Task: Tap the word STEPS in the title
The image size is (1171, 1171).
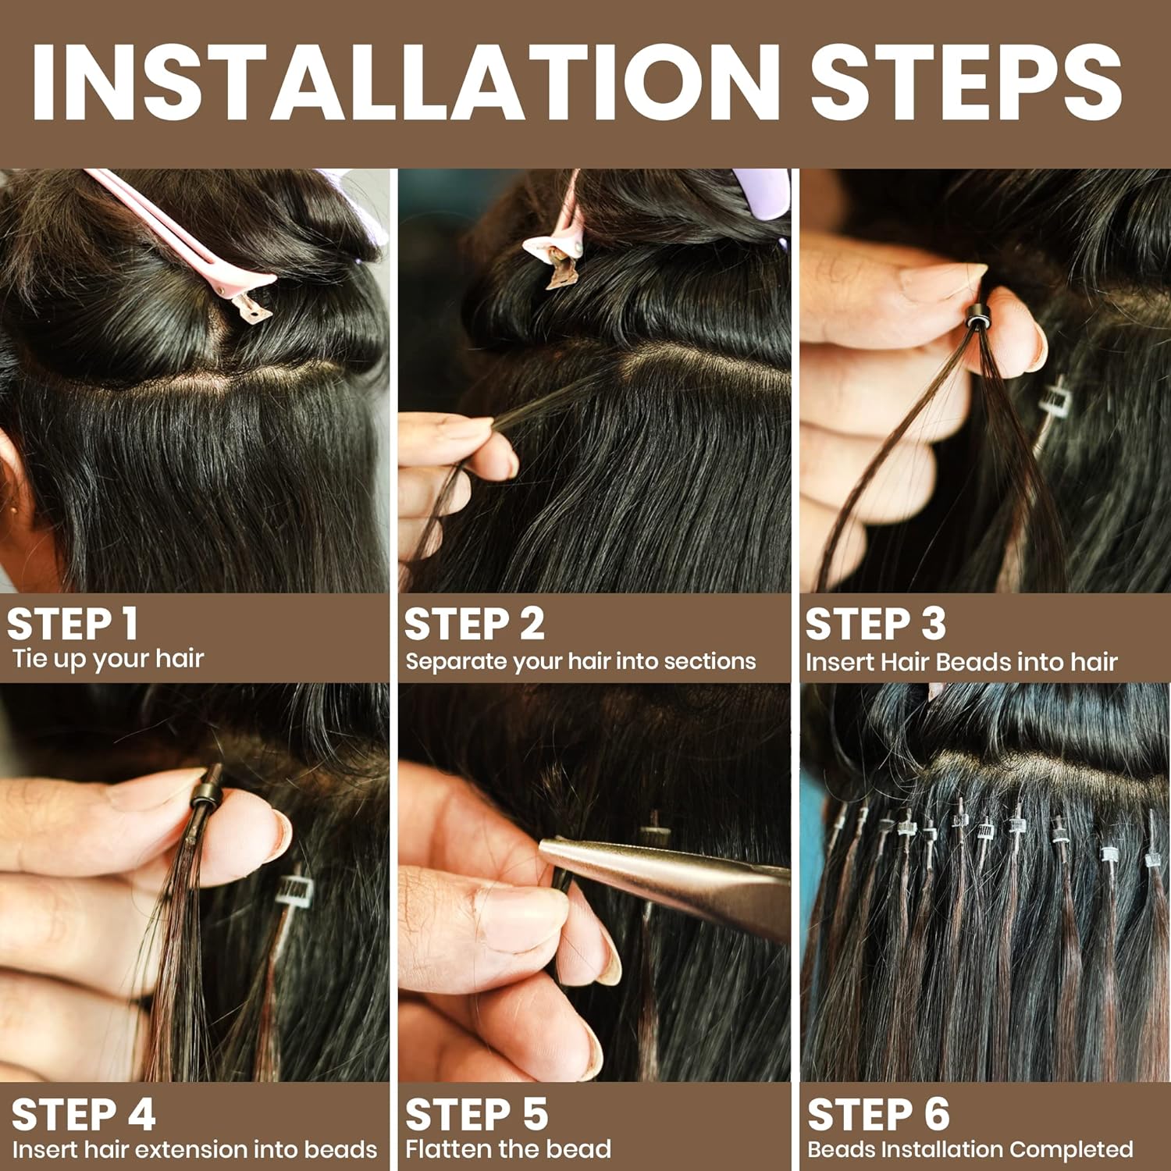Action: click(966, 82)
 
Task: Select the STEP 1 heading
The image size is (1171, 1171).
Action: click(73, 624)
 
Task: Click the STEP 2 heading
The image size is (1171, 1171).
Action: click(474, 624)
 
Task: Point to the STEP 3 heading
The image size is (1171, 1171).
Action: click(875, 624)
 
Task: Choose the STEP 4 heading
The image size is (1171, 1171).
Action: click(84, 1114)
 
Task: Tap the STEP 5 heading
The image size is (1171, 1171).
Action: click(477, 1114)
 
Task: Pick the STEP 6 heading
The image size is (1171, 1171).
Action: click(879, 1114)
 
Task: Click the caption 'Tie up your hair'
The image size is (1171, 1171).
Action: click(109, 660)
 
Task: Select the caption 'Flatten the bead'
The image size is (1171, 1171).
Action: click(508, 1149)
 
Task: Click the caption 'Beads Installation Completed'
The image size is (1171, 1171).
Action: click(970, 1149)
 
